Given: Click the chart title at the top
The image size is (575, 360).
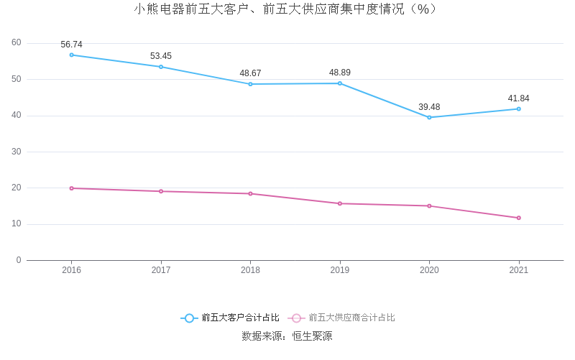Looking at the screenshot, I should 285,9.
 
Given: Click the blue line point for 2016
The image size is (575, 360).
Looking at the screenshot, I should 71,55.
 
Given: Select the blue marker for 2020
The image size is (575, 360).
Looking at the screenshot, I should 429,117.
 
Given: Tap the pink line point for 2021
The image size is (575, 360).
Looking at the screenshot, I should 518,218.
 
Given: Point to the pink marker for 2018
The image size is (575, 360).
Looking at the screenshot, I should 250,193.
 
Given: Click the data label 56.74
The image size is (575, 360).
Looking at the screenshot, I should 71,45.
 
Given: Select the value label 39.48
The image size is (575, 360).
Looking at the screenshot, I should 429,107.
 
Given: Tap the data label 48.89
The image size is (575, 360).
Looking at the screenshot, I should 340,73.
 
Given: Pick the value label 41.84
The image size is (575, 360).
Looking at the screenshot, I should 518,98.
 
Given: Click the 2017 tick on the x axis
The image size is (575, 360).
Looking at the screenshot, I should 161,270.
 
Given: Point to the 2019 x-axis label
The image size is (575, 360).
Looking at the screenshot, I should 340,270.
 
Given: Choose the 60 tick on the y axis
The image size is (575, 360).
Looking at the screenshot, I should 17,43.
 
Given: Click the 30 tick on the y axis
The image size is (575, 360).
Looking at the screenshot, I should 17,152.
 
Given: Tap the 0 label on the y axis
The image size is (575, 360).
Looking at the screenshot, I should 19,260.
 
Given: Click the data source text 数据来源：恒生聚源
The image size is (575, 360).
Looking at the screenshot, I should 287,336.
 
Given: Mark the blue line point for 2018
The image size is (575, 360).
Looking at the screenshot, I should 250,84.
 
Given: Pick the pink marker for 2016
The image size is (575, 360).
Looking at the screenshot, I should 71,188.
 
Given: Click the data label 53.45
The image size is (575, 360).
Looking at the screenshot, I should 161,56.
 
